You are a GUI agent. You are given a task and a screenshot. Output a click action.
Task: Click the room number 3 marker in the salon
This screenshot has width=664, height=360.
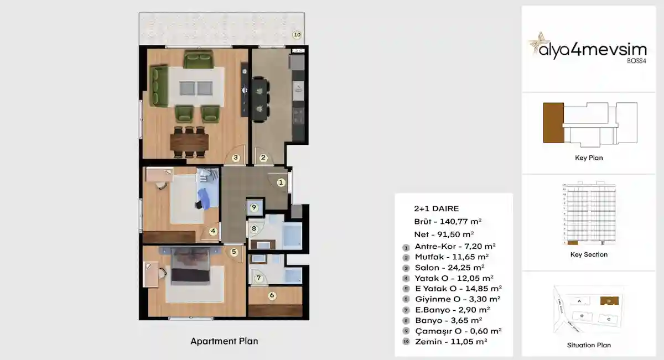pos(236,158)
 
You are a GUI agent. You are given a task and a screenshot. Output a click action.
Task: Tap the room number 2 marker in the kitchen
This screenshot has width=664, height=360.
pos(263,158)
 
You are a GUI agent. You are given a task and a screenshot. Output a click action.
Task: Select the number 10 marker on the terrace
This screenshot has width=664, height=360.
pos(297,35)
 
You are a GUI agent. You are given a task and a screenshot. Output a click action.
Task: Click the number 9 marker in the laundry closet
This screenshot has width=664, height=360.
pos(254,208)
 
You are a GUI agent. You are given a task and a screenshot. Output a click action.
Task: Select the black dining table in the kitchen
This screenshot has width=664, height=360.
pos(260,99)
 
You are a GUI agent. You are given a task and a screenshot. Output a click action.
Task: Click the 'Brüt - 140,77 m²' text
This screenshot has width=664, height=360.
pos(448,221)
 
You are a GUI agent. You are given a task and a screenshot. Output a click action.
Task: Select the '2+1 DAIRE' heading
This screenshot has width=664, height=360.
pos(436,208)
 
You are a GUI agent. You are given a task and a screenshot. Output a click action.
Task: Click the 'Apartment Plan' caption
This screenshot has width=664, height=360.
pos(224,341)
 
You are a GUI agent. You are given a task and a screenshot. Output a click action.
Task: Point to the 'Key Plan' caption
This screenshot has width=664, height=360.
pos(589,158)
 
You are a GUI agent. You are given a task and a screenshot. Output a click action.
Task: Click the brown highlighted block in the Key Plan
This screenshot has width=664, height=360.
pos(553,122)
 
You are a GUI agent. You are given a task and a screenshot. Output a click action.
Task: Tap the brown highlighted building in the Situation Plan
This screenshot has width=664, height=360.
pos(608,301)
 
